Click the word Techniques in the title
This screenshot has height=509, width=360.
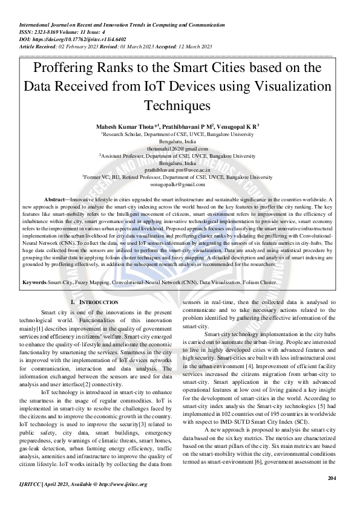(180, 105)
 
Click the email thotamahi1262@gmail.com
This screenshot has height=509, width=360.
(180, 148)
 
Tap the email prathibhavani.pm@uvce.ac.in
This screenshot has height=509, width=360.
(180, 170)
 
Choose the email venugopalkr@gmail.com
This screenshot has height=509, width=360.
(180, 184)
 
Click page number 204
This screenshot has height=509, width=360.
(331, 478)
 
